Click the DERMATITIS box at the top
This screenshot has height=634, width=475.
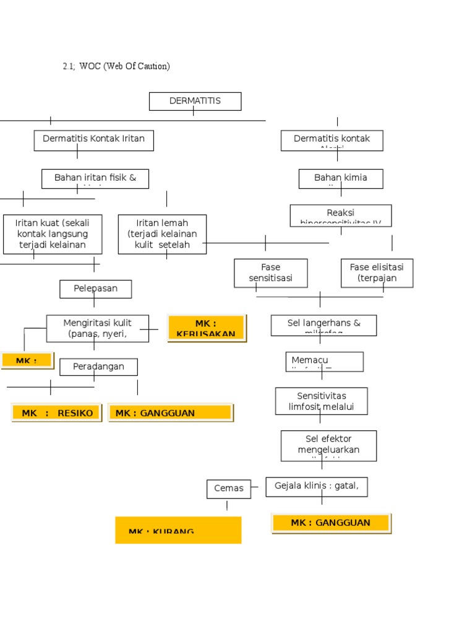[x=195, y=101]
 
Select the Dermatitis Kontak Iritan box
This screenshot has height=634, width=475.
[x=93, y=140]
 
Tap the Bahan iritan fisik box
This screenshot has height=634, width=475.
[x=95, y=178]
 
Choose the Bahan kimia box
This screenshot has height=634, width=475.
[x=340, y=178]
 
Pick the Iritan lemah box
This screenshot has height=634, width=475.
[x=162, y=234]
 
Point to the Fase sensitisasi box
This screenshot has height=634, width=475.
[x=270, y=273]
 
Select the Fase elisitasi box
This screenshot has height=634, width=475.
[x=377, y=273]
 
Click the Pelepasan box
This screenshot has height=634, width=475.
[x=95, y=289]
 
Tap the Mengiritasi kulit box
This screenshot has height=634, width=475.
[x=97, y=328]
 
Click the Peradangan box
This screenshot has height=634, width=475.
[x=98, y=367]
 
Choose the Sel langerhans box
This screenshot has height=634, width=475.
[x=323, y=325]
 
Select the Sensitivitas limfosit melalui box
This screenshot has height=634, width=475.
[x=321, y=401]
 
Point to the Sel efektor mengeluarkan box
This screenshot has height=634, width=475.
[x=328, y=446]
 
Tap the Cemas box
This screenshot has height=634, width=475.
[x=228, y=489]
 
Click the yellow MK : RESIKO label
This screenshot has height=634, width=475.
[x=56, y=413]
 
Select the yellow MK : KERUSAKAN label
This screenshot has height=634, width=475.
[x=206, y=328]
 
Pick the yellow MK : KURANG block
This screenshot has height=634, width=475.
[x=178, y=530]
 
